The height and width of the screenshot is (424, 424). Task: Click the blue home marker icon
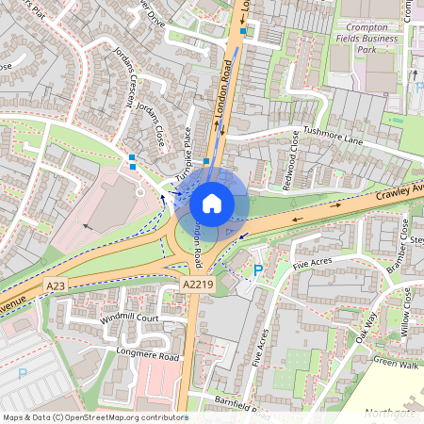tap(212, 203)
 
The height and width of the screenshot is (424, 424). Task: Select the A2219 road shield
tap(196, 284)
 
